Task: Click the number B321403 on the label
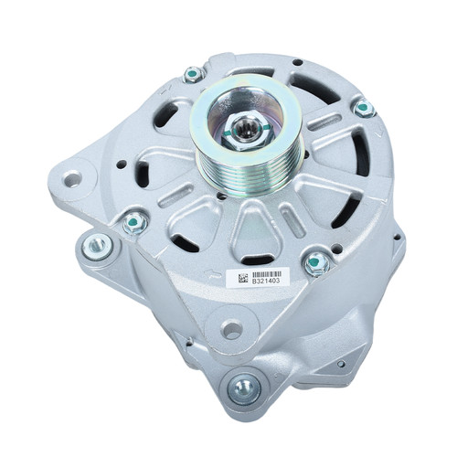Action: (266, 281)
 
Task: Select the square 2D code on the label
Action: (242, 278)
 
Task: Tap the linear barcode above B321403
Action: (266, 273)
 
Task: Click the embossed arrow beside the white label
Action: (214, 274)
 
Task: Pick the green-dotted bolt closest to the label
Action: (317, 263)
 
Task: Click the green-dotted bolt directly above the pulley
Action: (193, 74)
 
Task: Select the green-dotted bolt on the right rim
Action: (364, 108)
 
